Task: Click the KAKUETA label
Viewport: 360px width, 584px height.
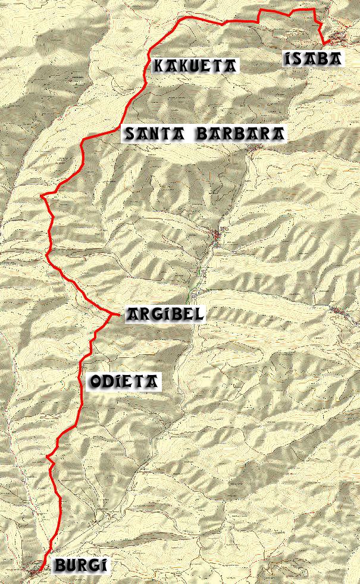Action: click(x=195, y=65)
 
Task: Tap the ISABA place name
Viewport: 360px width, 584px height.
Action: click(x=313, y=58)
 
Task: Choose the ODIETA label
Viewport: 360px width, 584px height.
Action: click(x=124, y=382)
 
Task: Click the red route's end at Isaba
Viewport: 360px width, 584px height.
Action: click(x=326, y=43)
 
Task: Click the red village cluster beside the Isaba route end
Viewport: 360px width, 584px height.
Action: click(x=340, y=39)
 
